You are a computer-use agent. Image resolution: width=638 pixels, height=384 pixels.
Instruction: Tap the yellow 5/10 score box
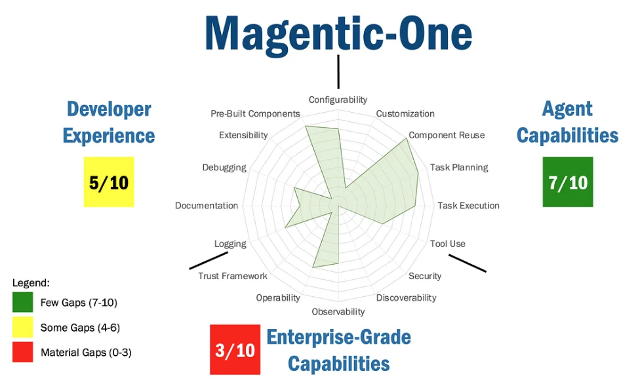click(x=109, y=182)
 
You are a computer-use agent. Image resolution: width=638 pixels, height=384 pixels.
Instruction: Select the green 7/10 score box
click(x=568, y=182)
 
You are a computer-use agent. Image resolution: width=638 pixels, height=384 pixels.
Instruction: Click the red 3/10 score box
click(x=235, y=350)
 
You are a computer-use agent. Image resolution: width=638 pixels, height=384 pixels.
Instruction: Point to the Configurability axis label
click(x=338, y=100)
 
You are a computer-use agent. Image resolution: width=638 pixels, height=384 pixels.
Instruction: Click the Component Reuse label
click(x=447, y=135)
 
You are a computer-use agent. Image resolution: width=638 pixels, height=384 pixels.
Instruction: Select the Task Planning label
click(x=459, y=167)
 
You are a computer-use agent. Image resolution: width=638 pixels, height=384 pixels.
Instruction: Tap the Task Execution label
click(x=468, y=205)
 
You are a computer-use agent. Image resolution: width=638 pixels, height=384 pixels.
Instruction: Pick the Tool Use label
click(x=448, y=243)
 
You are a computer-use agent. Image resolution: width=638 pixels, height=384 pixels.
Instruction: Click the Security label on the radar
click(x=425, y=276)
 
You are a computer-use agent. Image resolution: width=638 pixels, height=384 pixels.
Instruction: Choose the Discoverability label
click(x=406, y=298)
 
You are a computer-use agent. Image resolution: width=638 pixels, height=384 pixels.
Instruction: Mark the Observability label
click(x=338, y=311)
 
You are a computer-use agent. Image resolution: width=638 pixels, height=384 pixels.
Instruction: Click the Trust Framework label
click(x=233, y=276)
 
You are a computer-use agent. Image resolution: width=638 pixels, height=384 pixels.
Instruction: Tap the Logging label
click(x=230, y=244)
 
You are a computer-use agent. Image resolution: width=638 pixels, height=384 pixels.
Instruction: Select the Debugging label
click(x=224, y=167)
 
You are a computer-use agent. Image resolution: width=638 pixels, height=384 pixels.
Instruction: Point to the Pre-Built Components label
click(x=255, y=113)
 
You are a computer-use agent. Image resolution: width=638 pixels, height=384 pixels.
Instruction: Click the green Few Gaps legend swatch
click(x=22, y=302)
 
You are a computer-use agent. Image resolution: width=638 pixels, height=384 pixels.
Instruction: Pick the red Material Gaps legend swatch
click(x=22, y=352)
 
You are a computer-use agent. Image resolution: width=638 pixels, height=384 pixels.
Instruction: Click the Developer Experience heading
click(x=109, y=123)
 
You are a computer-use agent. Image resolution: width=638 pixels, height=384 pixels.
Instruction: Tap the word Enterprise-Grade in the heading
click(x=338, y=337)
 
